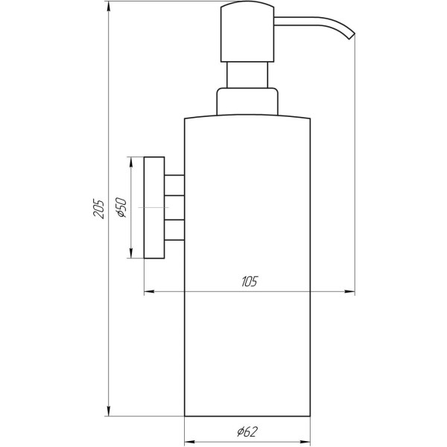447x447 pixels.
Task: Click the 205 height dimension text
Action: click(x=98, y=209)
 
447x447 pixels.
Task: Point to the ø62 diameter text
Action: click(x=248, y=430)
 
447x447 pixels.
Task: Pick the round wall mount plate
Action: click(x=154, y=208)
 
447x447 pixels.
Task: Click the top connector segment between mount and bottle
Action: click(x=174, y=185)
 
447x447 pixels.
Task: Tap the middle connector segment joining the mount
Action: click(x=174, y=208)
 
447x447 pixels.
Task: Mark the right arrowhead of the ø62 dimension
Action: click(x=306, y=440)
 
